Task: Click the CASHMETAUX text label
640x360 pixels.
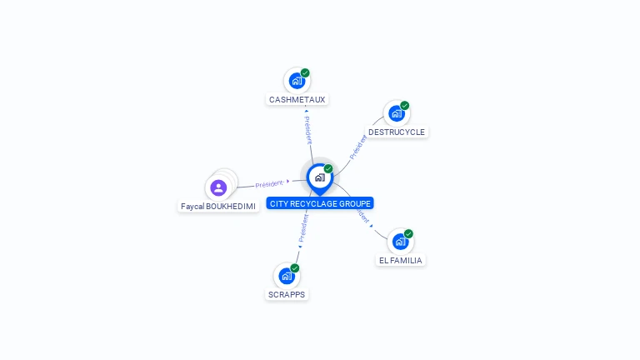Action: point(297,100)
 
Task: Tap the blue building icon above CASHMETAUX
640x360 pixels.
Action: point(296,82)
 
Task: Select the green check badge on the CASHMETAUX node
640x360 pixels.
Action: point(305,73)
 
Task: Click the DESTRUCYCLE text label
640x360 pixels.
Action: point(397,132)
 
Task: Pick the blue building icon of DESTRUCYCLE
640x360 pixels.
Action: point(396,113)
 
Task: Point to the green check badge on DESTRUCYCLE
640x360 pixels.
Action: point(405,106)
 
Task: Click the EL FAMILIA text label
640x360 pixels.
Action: point(401,261)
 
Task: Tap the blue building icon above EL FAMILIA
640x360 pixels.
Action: point(400,242)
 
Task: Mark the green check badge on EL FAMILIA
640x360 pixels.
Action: point(408,234)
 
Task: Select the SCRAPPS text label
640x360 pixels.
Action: point(287,295)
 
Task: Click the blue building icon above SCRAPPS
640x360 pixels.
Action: point(287,276)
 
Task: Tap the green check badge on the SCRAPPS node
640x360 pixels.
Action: point(295,268)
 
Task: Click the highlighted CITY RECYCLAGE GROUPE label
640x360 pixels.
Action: point(320,203)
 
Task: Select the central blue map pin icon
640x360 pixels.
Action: point(319,177)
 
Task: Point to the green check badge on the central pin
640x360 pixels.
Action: point(328,169)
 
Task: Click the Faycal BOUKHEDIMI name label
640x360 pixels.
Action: point(218,206)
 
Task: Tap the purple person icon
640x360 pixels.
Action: point(218,187)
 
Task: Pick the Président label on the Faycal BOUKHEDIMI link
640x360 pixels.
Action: point(269,183)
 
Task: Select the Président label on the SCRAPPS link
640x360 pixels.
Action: point(303,227)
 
